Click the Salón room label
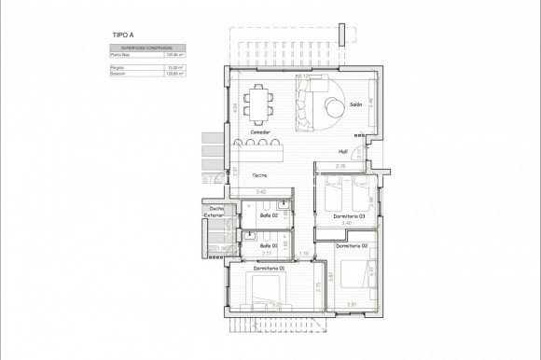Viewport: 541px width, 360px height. (x=355, y=105)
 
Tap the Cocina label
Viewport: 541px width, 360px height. (x=260, y=174)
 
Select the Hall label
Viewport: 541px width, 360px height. (x=343, y=151)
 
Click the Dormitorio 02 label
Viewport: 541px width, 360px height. (x=351, y=245)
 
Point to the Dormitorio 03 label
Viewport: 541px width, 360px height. (x=348, y=215)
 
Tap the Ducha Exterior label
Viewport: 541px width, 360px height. (x=215, y=212)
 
